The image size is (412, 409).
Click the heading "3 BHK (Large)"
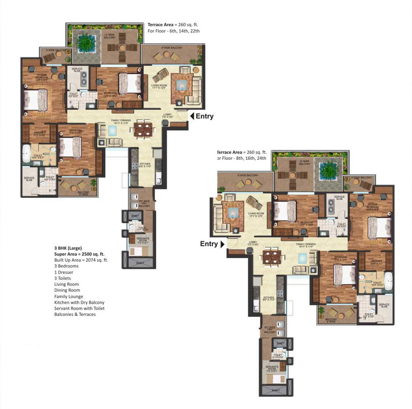pyautogui.click(x=68, y=248)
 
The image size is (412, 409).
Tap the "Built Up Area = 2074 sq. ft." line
pyautogui.click(x=81, y=260)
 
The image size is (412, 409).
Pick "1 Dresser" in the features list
pyautogui.click(x=65, y=272)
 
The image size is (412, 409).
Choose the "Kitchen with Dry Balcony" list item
pyautogui.click(x=79, y=302)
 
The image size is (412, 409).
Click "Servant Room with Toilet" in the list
pyautogui.click(x=79, y=308)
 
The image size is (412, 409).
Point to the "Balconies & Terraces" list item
pyautogui.click(x=75, y=314)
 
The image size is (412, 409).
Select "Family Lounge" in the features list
pyautogui.click(x=68, y=296)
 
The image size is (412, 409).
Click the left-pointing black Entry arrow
pyautogui.click(x=192, y=116)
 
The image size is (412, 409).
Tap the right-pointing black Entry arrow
pyautogui.click(x=222, y=244)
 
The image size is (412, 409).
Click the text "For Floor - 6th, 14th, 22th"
pyautogui.click(x=173, y=31)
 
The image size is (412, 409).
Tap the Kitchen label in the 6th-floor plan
pyautogui.click(x=144, y=165)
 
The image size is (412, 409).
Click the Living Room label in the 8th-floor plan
pyautogui.click(x=255, y=214)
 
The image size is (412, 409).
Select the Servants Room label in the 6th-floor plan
pyautogui.click(x=143, y=240)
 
